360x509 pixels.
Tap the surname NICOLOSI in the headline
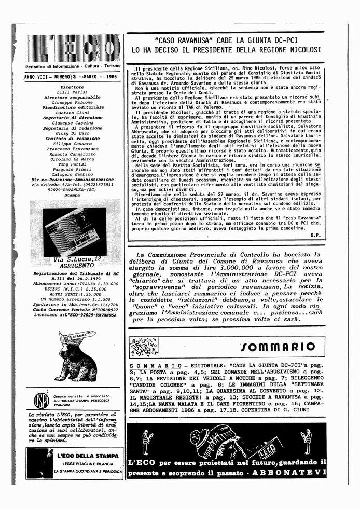299,50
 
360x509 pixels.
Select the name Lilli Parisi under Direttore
72,92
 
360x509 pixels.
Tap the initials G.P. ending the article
315,235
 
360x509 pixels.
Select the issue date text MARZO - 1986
101,76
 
